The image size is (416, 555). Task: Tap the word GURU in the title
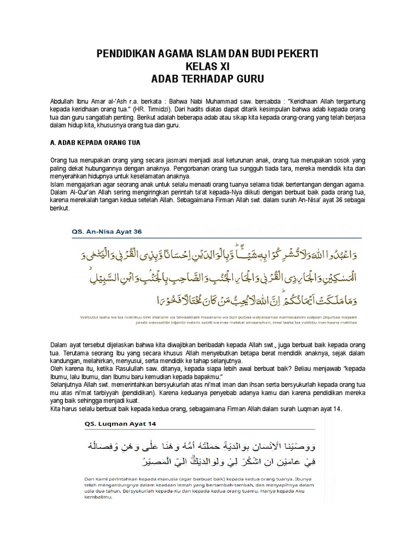pos(248,79)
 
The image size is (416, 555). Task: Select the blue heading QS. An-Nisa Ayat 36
pos(106,231)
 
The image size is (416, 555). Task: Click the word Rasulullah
pos(127,370)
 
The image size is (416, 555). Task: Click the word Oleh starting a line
pos(56,370)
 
